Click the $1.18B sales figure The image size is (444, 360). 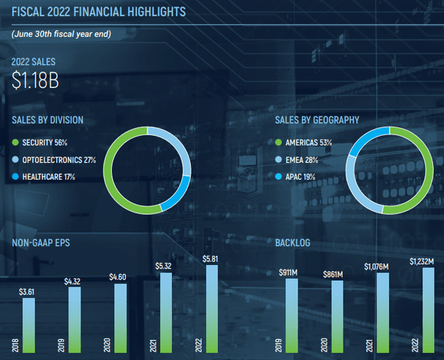pyautogui.click(x=35, y=80)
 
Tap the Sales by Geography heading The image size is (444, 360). pyautogui.click(x=317, y=120)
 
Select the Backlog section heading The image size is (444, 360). pyautogui.click(x=293, y=243)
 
